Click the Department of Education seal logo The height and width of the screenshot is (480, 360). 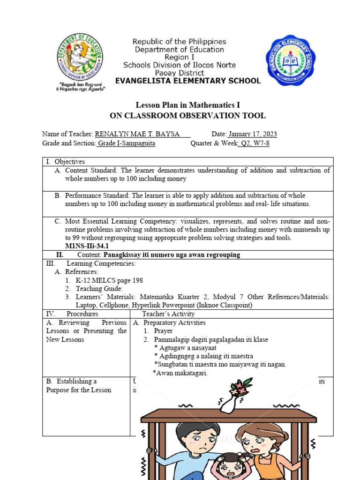[80, 57]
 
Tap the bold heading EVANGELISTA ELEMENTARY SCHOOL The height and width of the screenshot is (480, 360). [187, 81]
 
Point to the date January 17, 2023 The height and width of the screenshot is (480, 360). [252, 134]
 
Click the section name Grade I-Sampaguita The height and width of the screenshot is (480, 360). [127, 143]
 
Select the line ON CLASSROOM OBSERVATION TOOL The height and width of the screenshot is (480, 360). [187, 115]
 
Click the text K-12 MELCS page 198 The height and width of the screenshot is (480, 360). [109, 280]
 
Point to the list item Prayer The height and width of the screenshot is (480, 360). [163, 331]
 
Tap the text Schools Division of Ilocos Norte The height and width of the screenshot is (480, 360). [180, 65]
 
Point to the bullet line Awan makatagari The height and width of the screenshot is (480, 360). [181, 373]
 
